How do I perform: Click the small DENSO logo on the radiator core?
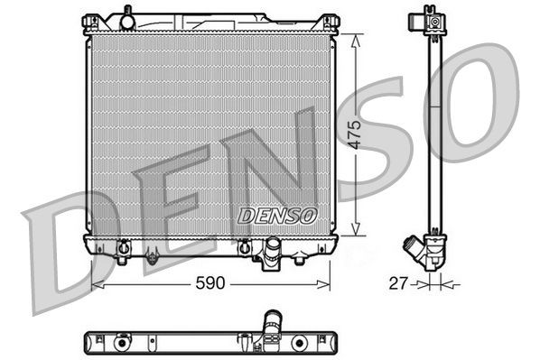tap(277, 217)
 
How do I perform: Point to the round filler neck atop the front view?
tap(127, 16)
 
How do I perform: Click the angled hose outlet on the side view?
tap(414, 247)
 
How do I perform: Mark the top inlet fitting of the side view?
tap(434, 18)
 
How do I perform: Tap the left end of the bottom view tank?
tap(88, 343)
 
